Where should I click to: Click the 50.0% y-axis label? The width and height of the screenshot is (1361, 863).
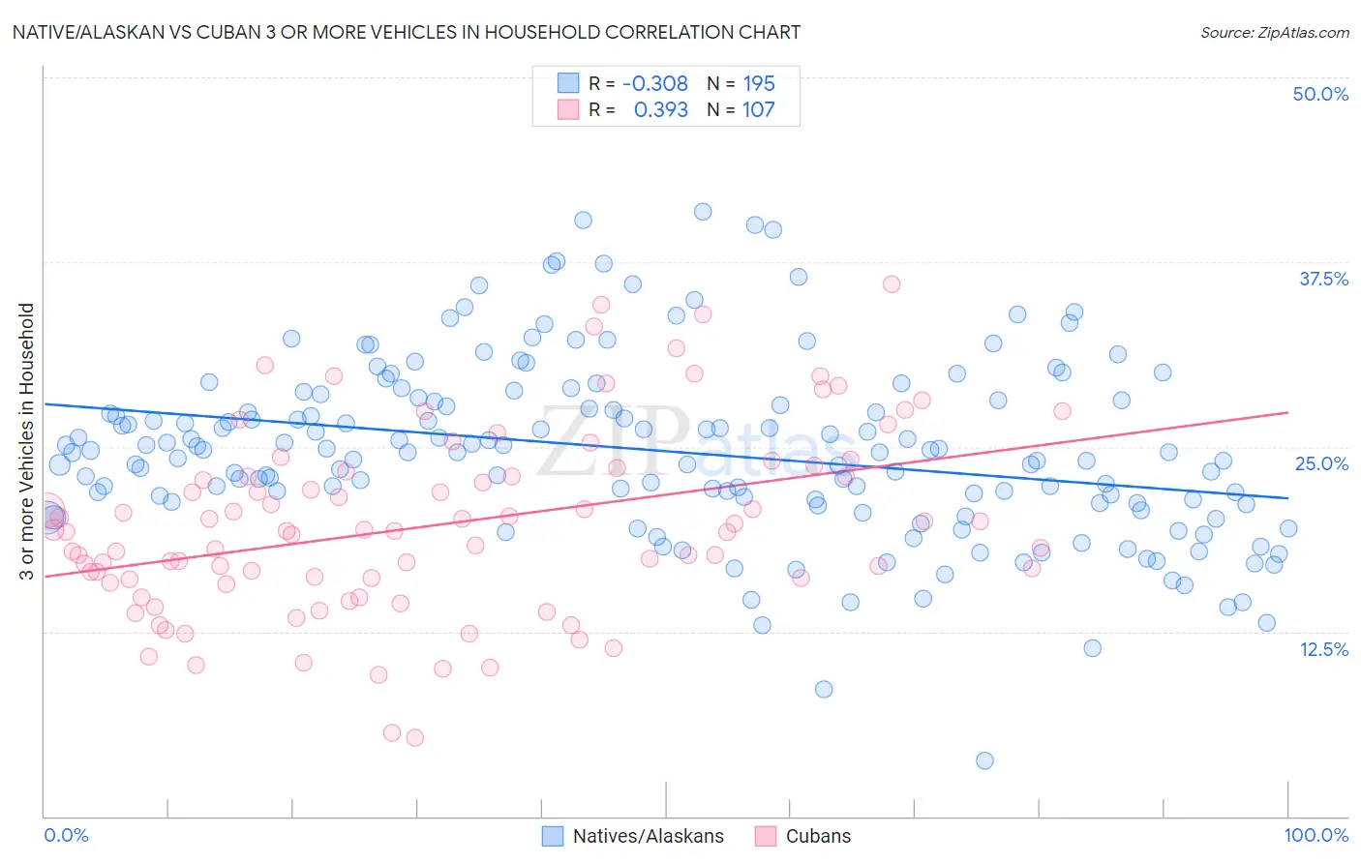1320,94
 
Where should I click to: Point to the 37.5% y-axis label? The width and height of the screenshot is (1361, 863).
1323,279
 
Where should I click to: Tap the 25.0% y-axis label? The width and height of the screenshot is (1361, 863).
1321,463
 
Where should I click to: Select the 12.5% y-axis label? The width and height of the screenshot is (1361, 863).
1323,649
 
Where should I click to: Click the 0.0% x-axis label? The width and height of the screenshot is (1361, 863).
66,835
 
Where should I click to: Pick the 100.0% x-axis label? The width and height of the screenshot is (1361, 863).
1316,835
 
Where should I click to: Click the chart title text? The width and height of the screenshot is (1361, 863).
406,32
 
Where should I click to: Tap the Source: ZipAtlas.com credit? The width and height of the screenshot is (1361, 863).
1274,32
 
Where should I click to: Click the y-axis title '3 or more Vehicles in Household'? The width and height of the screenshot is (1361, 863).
27,441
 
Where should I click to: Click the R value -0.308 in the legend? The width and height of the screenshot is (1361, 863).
655,83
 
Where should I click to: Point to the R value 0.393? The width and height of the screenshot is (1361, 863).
660,109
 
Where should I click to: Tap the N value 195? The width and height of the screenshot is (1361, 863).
759,83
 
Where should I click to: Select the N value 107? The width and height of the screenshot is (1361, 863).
759,109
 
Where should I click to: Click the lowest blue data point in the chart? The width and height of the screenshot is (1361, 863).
984,760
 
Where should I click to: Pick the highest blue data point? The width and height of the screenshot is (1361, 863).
703,212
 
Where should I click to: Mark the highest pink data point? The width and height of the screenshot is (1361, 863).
892,283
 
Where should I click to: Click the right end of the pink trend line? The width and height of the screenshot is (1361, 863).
1287,412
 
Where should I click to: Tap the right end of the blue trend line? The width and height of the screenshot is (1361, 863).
1287,497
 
